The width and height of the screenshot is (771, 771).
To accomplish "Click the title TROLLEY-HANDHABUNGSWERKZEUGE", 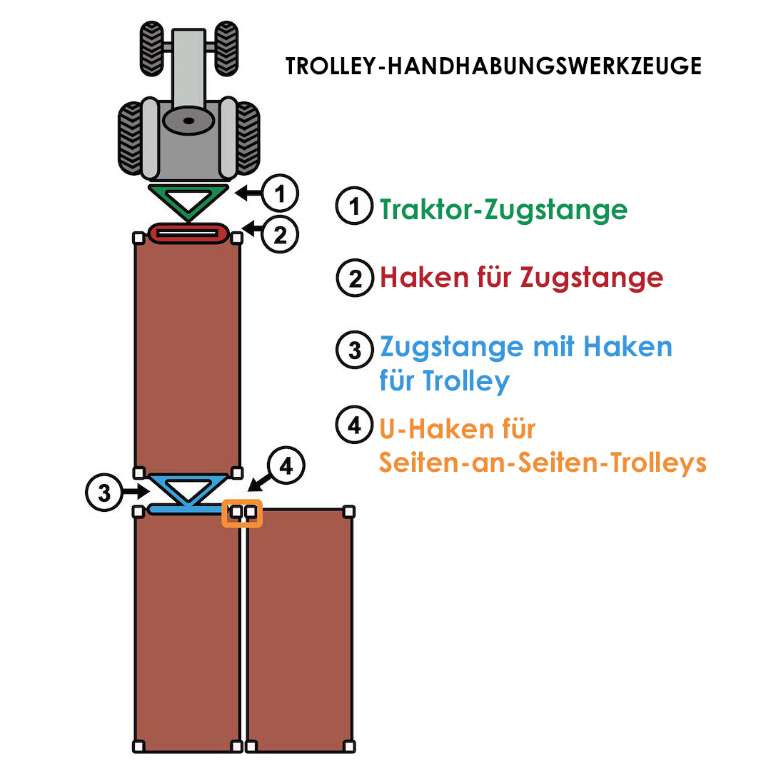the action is click(x=493, y=66).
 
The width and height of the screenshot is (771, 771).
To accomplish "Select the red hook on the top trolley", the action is click(x=188, y=233).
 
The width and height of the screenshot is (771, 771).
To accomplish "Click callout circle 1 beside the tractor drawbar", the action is click(x=280, y=193).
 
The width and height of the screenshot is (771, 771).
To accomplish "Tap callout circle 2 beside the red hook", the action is click(x=280, y=234).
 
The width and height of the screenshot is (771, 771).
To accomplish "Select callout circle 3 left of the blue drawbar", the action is click(x=104, y=492).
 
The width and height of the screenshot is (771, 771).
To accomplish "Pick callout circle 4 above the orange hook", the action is click(x=286, y=465).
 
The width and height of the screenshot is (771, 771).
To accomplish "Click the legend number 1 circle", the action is click(x=355, y=206).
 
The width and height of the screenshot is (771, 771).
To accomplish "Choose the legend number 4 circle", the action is click(x=355, y=424).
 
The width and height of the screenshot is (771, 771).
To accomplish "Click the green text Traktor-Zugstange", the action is click(x=503, y=210).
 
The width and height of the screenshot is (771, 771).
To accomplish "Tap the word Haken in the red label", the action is click(x=424, y=277).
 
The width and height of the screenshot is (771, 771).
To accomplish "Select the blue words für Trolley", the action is click(x=445, y=381).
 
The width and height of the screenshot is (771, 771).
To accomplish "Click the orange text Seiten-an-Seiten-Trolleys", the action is click(x=543, y=463).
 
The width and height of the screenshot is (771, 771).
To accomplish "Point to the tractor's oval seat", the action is click(x=188, y=121).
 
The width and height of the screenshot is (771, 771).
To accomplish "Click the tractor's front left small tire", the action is click(x=151, y=49).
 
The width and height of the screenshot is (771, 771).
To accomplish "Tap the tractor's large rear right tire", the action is click(x=247, y=138).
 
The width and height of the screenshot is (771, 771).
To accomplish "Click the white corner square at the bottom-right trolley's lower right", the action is click(x=349, y=747).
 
